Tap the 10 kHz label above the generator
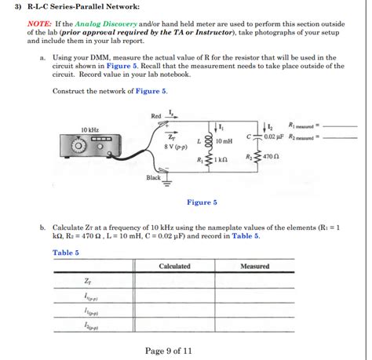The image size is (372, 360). [x=90, y=129]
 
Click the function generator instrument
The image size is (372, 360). [x=89, y=145]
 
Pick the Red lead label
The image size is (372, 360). [x=155, y=117]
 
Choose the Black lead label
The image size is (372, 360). [x=153, y=177]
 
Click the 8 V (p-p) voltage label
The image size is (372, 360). [x=175, y=146]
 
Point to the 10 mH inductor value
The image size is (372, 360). [x=224, y=141]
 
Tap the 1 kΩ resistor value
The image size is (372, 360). [x=221, y=160]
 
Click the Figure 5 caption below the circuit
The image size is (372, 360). [x=202, y=202]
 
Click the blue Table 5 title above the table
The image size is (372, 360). [x=66, y=252]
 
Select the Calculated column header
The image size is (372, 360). [x=174, y=267]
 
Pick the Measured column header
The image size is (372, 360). [x=254, y=267]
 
